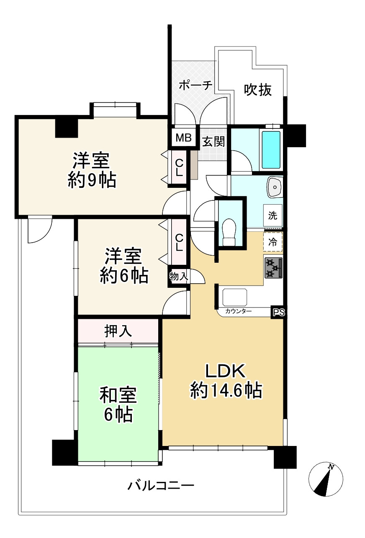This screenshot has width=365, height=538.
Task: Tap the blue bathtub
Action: pyautogui.click(x=271, y=149)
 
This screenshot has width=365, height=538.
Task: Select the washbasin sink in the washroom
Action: pyautogui.click(x=274, y=187)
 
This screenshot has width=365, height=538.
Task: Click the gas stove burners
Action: pyautogui.click(x=273, y=268)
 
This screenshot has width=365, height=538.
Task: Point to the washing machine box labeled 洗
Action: pyautogui.click(x=273, y=215)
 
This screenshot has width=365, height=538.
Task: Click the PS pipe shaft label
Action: pyautogui.click(x=278, y=313)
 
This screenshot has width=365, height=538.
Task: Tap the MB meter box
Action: pyautogui.click(x=183, y=138)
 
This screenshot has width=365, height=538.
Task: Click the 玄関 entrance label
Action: pyautogui.click(x=213, y=141)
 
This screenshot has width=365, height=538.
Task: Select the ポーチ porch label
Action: pyautogui.click(x=195, y=85)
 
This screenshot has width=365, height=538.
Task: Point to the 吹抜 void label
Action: pyautogui.click(x=258, y=90)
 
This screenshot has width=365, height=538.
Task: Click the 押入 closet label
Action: pyautogui.click(x=118, y=331)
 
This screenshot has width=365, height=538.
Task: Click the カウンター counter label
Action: pyautogui.click(x=238, y=311)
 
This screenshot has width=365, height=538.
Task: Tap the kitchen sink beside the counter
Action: pyautogui.click(x=235, y=297)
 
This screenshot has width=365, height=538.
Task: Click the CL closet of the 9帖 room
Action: pyautogui.click(x=179, y=168)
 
